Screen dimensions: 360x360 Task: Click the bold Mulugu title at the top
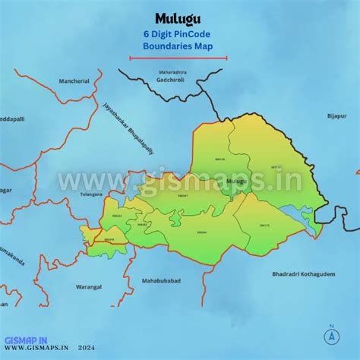pos(179,18)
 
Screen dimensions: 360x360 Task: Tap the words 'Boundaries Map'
pos(179,46)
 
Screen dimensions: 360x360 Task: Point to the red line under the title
pos(179,57)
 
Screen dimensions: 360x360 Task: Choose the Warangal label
pos(88,287)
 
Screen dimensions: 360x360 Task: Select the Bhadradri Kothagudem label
pos(299,273)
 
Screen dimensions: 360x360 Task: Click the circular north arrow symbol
pos(331,335)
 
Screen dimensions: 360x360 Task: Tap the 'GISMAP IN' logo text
pos(26,340)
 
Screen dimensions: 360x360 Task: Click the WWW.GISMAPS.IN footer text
pos(37,351)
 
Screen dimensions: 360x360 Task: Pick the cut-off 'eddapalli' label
pos(13,119)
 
